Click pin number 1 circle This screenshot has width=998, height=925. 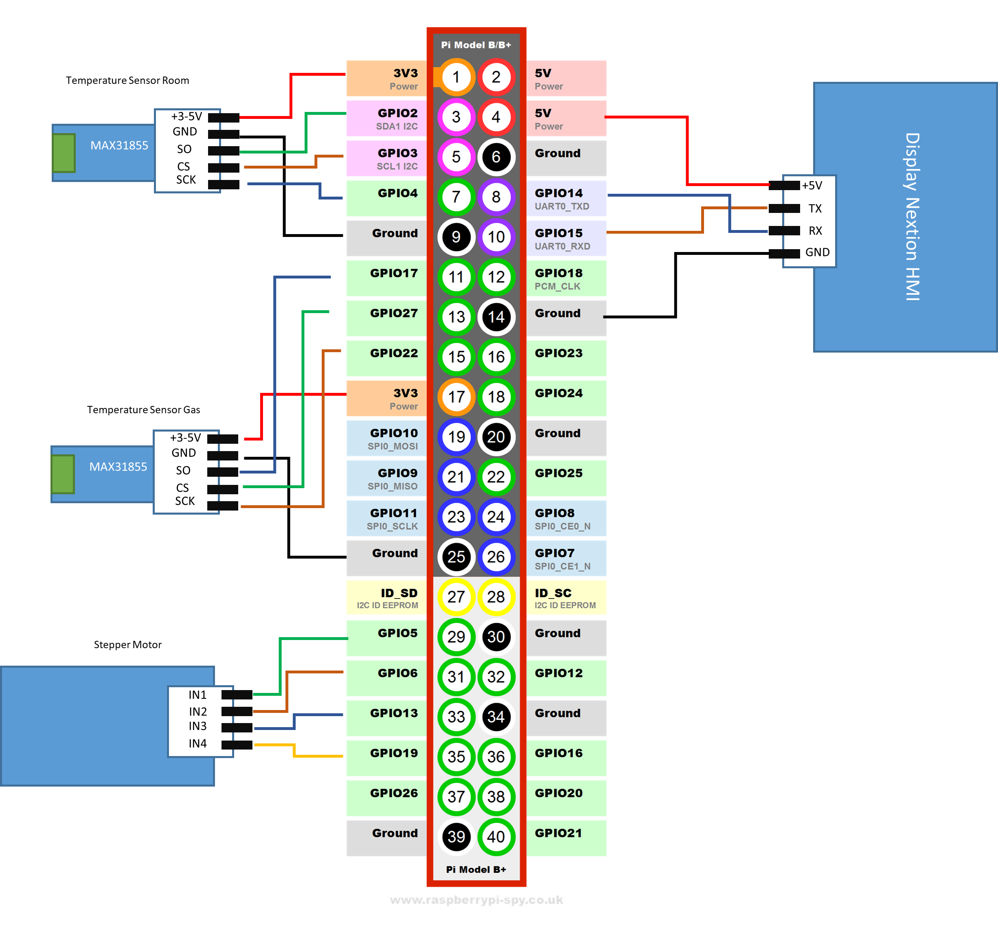click(x=456, y=77)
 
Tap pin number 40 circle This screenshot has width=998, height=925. click(x=496, y=836)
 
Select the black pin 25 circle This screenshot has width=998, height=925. click(x=456, y=557)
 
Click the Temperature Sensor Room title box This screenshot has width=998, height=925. click(x=127, y=81)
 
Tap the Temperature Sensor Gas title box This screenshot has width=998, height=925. click(x=143, y=410)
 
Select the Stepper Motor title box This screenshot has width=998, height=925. click(x=154, y=645)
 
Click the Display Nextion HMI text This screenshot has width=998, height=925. click(x=912, y=216)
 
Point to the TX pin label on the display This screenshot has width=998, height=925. click(x=815, y=208)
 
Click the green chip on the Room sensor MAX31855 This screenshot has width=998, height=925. click(x=64, y=153)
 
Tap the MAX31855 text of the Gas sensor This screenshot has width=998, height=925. click(x=118, y=467)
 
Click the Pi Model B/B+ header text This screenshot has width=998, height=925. click(x=476, y=45)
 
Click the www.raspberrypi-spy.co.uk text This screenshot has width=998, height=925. click(x=476, y=900)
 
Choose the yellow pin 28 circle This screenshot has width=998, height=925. click(x=496, y=596)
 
